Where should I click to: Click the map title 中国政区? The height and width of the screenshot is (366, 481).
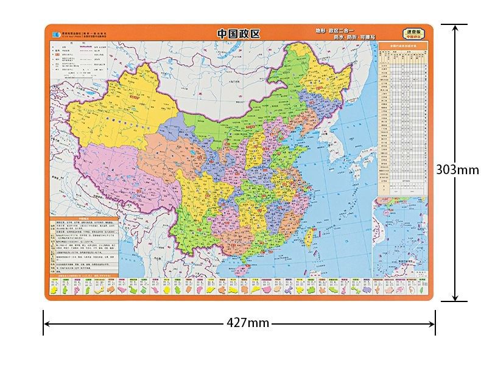(x=238, y=34)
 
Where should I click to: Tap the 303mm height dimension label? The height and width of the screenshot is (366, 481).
(x=457, y=169)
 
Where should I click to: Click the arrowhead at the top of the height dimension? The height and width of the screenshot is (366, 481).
(x=454, y=26)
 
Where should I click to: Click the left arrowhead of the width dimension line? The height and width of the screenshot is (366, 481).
(x=46, y=323)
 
